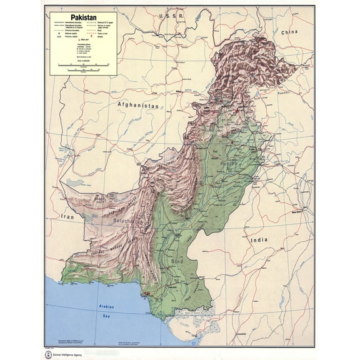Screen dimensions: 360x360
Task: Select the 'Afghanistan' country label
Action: (137, 106)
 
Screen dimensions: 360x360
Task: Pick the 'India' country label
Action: (258, 239)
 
